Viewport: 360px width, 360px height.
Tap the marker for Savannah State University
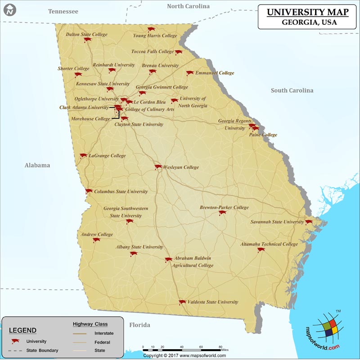click(x=309, y=222)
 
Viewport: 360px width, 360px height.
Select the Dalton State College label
click(x=87, y=34)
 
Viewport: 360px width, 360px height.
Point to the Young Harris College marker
click(x=149, y=28)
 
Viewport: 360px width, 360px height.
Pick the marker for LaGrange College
click(x=83, y=156)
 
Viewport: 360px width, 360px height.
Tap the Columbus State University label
click(x=121, y=192)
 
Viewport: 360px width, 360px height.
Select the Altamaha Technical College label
click(x=269, y=244)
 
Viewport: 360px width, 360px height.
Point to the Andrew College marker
click(x=96, y=240)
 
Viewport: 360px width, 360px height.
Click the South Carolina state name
click(x=292, y=90)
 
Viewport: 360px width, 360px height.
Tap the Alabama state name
click(x=37, y=165)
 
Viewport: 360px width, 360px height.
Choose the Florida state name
click(x=139, y=325)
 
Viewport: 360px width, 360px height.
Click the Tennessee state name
click(x=63, y=11)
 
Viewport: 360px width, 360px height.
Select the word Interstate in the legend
click(x=104, y=333)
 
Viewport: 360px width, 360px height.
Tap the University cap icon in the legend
click(x=16, y=342)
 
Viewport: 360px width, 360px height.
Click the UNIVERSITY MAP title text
click(x=303, y=12)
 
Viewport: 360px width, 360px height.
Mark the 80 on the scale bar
click(x=220, y=347)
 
